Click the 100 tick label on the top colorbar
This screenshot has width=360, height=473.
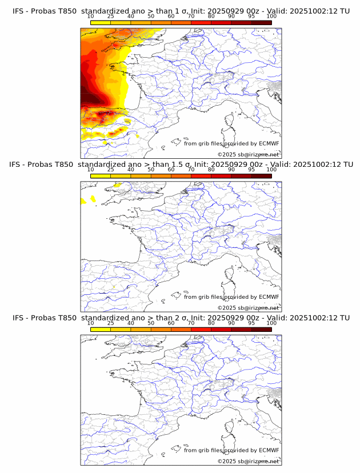(x=271, y=16)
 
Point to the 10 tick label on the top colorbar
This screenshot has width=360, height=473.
(x=90, y=16)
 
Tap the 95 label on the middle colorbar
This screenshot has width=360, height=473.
(x=251, y=170)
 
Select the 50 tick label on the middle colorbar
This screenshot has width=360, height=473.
(x=151, y=170)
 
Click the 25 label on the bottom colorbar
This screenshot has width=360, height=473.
(x=110, y=323)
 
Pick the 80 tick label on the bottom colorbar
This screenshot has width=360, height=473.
(x=211, y=323)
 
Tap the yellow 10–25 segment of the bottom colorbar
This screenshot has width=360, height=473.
(x=100, y=330)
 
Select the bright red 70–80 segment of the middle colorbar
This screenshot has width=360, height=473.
(x=201, y=176)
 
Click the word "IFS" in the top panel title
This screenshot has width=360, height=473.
(x=19, y=10)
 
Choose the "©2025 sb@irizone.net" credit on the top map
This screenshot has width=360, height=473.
(x=249, y=155)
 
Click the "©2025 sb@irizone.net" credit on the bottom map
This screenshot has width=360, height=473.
(x=249, y=462)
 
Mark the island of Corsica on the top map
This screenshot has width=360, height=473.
(x=231, y=121)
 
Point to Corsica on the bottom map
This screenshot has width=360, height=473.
(x=231, y=428)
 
